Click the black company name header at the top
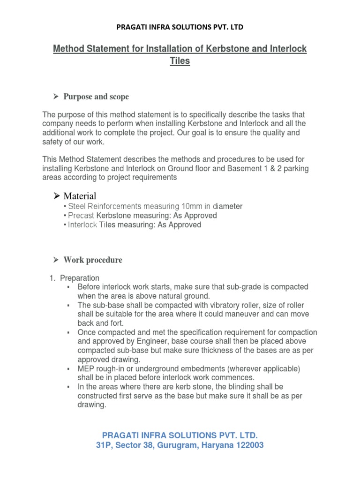[x=180, y=27]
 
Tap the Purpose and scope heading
[x=96, y=97]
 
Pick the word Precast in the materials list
[x=82, y=216]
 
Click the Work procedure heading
[x=93, y=260]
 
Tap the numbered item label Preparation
[x=80, y=278]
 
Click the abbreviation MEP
[x=85, y=369]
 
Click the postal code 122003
[x=247, y=445]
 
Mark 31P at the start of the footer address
[x=105, y=445]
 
